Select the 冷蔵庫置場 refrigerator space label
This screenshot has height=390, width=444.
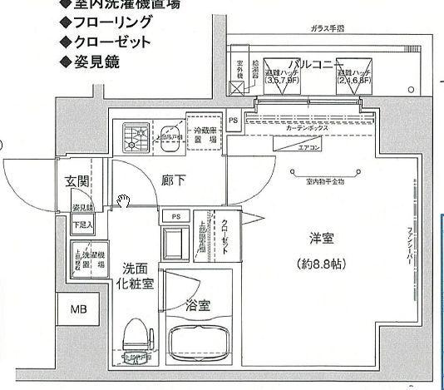pyautogui.click(x=205, y=135)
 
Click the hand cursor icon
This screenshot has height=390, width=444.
pyautogui.click(x=123, y=200)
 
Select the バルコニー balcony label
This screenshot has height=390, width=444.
pyautogui.click(x=313, y=64)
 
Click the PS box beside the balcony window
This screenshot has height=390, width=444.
pyautogui.click(x=234, y=119)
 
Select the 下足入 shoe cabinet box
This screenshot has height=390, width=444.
pyautogui.click(x=81, y=225)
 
